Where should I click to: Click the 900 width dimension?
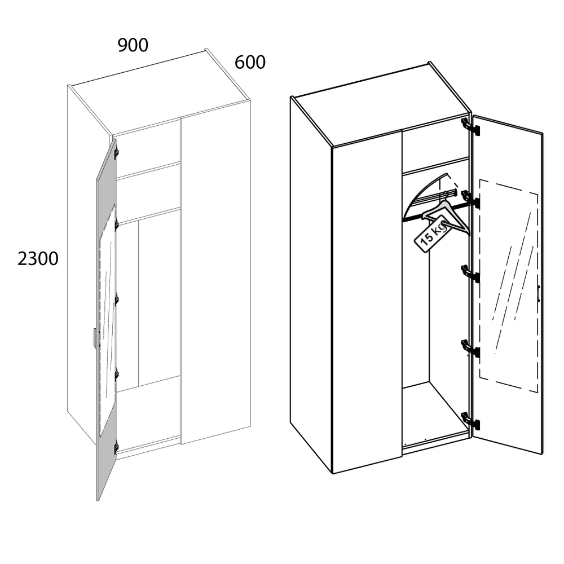(133, 45)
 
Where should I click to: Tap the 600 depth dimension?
(250, 62)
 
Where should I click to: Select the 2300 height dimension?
(38, 259)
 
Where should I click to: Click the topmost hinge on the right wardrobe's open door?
(470, 126)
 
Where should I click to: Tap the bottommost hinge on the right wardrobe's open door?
(470, 421)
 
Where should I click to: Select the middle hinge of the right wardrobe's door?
(470, 274)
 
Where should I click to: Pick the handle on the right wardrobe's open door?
(539, 293)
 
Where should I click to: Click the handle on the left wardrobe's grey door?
(94, 338)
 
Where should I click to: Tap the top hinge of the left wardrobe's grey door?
(116, 153)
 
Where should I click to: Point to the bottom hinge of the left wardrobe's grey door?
(116, 448)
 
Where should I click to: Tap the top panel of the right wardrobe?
(381, 104)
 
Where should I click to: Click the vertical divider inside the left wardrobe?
(139, 303)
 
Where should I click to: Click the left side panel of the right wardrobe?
(311, 284)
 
